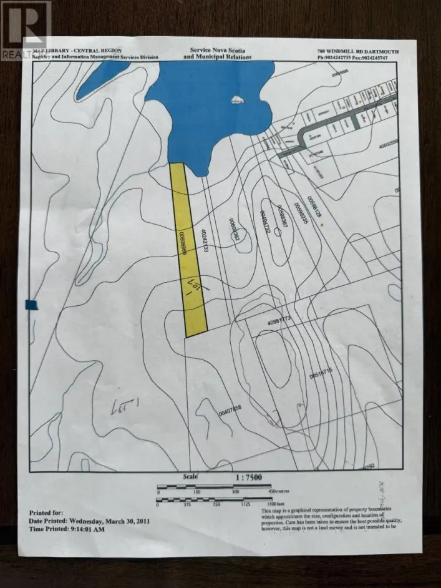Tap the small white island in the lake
point(236,100)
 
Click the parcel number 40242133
point(204,240)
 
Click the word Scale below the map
point(190,476)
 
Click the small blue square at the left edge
point(32,305)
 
